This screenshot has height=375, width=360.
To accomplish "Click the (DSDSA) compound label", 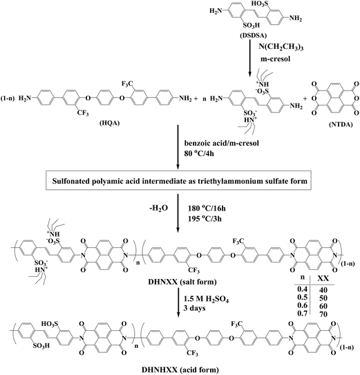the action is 249,35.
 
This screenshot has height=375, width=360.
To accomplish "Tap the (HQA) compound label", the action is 109,123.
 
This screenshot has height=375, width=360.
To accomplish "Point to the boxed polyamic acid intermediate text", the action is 180,181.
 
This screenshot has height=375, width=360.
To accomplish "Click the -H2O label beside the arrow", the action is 158,209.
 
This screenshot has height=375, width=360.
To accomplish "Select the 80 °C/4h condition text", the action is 199,153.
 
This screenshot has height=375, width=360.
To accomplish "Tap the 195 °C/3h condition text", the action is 205,218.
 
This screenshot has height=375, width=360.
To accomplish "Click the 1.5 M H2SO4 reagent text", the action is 206,300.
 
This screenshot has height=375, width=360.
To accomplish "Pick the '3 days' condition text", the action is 194,308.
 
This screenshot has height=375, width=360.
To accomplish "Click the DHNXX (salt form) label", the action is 182,282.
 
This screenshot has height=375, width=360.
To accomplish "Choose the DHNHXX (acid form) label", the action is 180,369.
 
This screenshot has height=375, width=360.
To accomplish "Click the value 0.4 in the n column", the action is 302,289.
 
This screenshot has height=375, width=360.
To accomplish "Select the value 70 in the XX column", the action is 323,314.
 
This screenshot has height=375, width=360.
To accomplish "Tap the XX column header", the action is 323,278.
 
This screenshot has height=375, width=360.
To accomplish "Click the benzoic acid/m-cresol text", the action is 221,143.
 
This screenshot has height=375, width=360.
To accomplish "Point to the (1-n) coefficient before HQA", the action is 8,98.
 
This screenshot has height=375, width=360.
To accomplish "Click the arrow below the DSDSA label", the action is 249,58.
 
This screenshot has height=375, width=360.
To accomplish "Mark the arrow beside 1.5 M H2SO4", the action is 178,303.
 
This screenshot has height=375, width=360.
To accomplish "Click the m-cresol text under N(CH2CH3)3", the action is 275,59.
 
